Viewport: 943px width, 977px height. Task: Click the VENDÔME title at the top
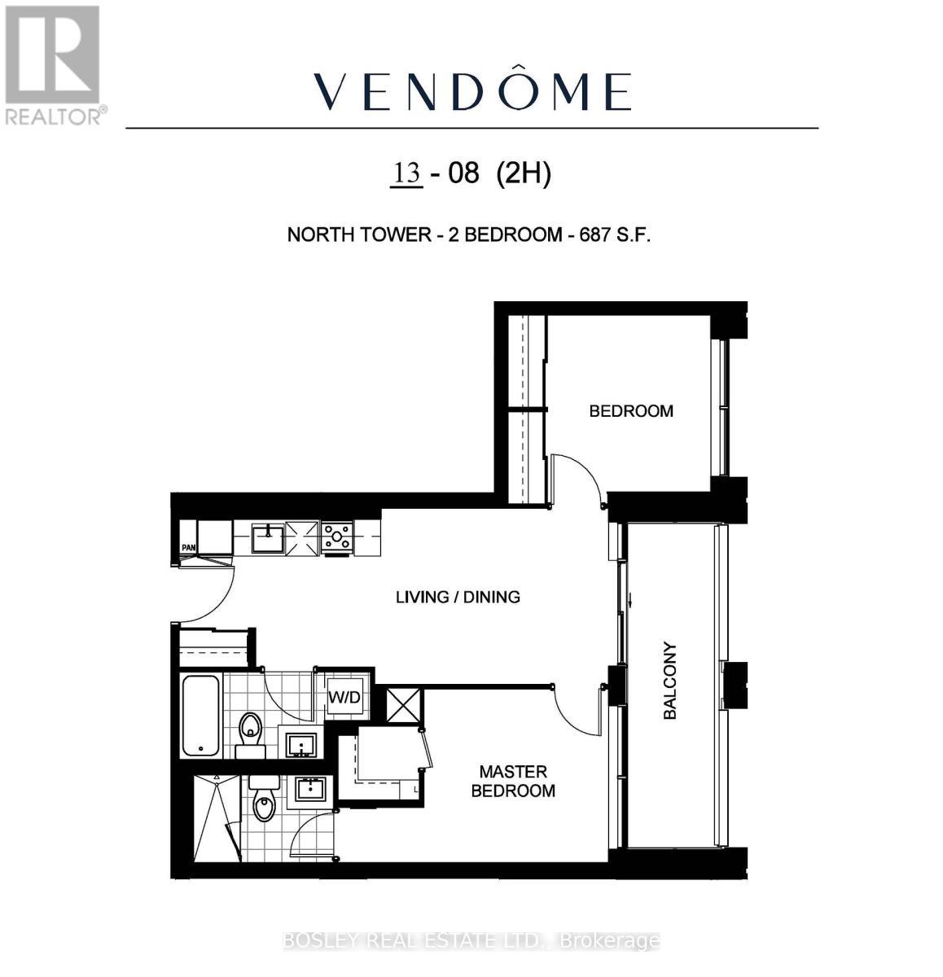(472, 91)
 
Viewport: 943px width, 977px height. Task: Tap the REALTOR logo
(53, 65)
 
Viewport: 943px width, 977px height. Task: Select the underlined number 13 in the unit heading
(407, 173)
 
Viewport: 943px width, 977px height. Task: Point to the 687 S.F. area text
(615, 235)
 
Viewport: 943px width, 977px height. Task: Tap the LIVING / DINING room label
(458, 597)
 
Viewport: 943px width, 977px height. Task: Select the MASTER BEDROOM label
(513, 781)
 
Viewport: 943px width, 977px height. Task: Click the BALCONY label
(670, 681)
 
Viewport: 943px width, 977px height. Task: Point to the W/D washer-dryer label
(344, 698)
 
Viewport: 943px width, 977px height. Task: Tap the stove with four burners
(337, 537)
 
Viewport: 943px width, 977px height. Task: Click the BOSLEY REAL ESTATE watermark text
(471, 941)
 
